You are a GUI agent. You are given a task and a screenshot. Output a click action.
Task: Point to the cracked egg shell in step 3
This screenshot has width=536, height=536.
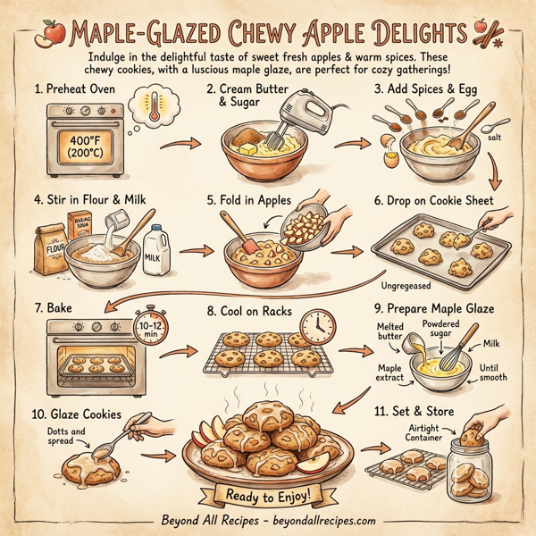389,157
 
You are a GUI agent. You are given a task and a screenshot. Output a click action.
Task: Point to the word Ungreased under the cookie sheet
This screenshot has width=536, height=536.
406,287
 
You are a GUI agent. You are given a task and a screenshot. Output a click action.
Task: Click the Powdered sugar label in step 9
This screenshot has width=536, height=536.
443,328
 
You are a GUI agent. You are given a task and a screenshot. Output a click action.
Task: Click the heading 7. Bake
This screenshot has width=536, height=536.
53,307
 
